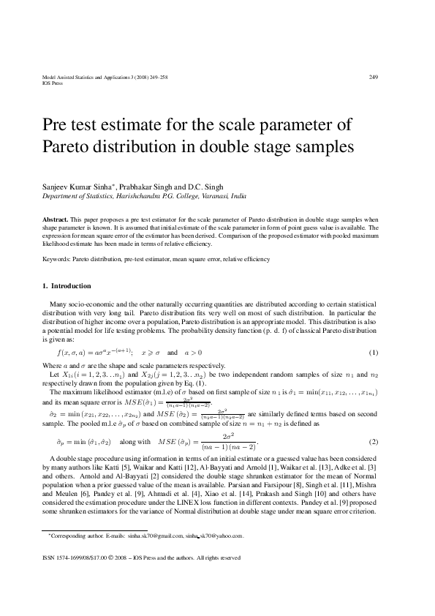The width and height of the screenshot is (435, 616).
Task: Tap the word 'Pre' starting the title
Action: coord(63,121)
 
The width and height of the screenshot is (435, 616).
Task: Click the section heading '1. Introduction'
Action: coord(67,286)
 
